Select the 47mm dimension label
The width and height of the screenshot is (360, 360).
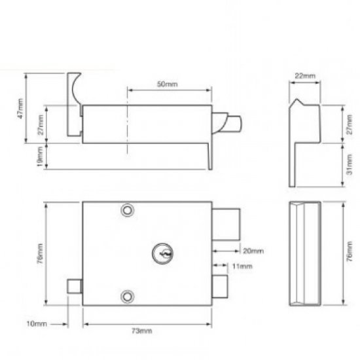tap(20, 109)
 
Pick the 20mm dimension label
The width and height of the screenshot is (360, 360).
tap(253, 251)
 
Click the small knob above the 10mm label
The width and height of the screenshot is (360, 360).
tap(74, 289)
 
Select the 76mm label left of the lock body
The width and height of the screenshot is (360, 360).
tap(40, 251)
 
